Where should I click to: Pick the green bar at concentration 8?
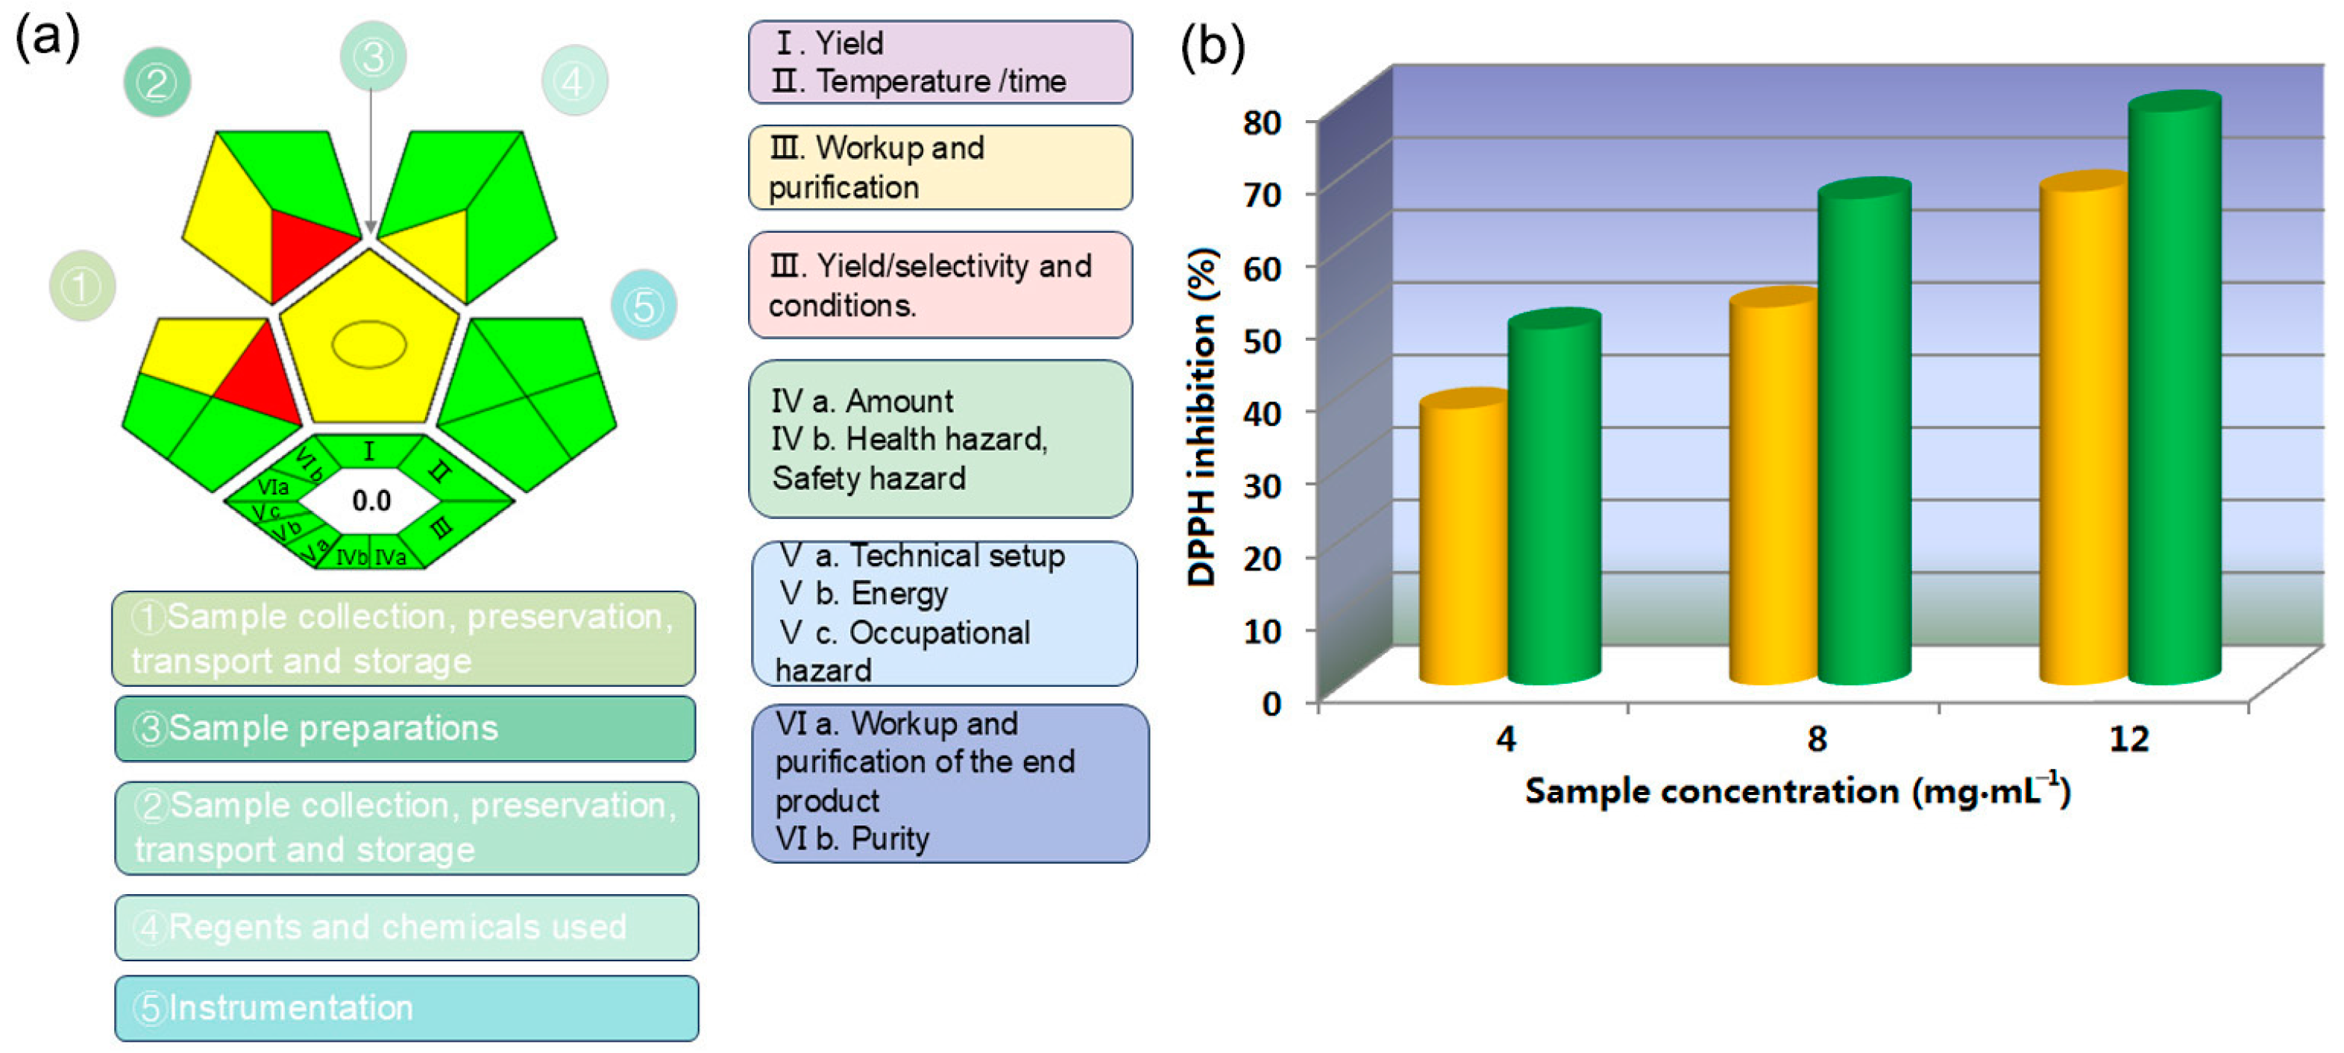[1864, 437]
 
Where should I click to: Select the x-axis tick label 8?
[1816, 738]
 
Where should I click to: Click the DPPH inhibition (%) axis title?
[1202, 417]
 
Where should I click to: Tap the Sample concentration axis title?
[1797, 791]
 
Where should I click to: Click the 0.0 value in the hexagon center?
[371, 500]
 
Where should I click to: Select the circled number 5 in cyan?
[644, 306]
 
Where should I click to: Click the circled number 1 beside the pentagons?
[82, 286]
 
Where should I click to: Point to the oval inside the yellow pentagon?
[368, 345]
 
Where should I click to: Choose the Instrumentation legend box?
[406, 1008]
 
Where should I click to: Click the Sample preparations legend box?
[405, 728]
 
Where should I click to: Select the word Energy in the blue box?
[899, 594]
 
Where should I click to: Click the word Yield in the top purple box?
[849, 43]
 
